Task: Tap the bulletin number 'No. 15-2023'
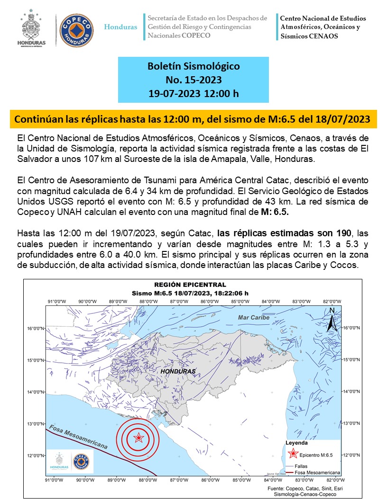coord(193,79)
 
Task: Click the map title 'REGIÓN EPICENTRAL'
coord(190,285)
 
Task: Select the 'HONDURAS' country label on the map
coord(178,372)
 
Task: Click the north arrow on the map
coord(332,319)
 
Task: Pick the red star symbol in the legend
coord(294,455)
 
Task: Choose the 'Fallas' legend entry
coord(314,466)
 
